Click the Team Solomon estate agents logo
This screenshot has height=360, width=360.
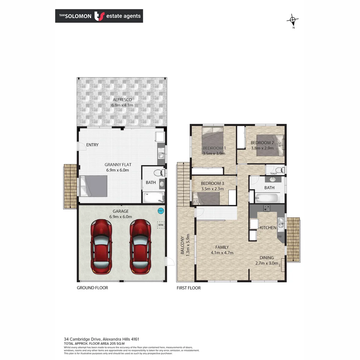[99, 16]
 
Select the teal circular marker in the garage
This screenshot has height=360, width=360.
[160, 211]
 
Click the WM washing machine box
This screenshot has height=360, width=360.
[161, 225]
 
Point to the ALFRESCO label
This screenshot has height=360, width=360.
[122, 100]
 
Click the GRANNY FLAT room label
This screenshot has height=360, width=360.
[117, 165]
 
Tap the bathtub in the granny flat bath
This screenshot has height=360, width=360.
[153, 197]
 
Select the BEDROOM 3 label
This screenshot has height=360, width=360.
[213, 183]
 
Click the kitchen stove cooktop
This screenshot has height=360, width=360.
[267, 208]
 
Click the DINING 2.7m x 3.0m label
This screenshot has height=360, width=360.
[267, 260]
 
